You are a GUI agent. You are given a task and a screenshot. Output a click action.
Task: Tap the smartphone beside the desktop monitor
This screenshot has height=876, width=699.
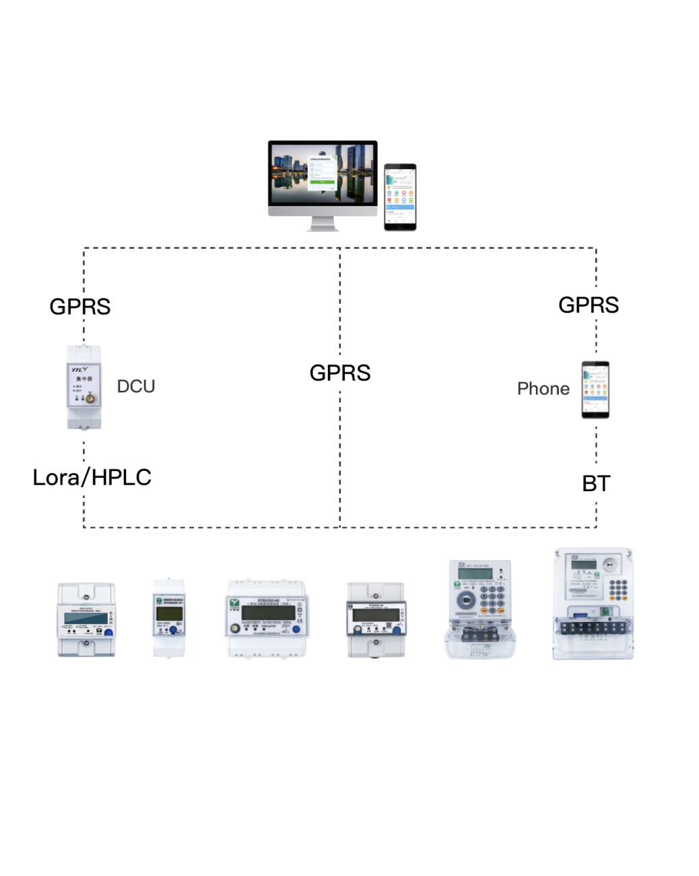coord(400,197)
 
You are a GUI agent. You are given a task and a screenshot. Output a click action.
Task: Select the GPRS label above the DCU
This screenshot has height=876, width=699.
coord(80,307)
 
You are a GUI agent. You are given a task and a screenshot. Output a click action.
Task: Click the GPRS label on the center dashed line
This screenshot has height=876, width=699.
coord(340,373)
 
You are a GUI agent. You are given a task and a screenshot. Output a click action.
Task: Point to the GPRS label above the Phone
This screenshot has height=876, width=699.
coord(589,305)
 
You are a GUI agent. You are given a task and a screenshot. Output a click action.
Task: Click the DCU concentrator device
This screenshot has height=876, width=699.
coord(84,387)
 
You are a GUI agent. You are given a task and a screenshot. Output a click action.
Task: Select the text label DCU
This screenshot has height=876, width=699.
coord(136,386)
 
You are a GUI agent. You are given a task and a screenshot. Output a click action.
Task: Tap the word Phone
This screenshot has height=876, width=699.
coord(543,389)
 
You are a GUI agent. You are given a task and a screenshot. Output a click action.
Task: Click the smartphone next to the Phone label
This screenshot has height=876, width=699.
coord(595,389)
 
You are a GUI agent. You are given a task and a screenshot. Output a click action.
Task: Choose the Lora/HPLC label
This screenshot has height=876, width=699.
coord(92,477)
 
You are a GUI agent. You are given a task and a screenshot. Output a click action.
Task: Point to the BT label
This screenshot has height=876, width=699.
coord(596,483)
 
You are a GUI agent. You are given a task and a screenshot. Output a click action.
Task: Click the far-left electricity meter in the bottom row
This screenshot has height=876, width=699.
coord(86,619)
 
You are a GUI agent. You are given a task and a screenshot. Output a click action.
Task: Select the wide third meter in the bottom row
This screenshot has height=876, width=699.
coord(266,618)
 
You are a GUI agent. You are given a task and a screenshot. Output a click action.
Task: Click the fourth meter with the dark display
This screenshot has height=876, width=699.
coord(376,619)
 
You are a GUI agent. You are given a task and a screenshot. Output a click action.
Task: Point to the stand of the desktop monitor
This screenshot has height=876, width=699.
coord(323,224)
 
